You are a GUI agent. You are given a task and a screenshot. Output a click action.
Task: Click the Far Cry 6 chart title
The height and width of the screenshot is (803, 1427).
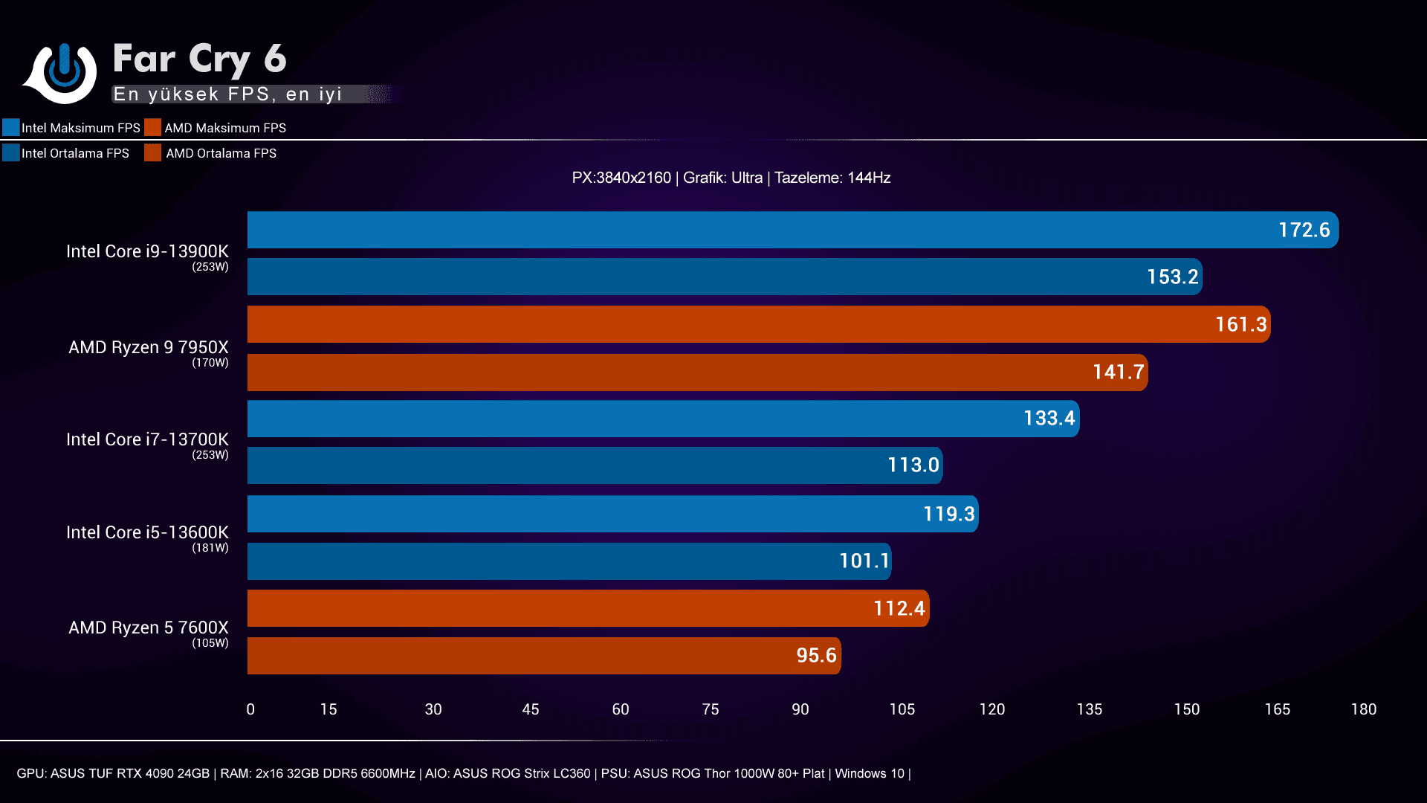pos(199,59)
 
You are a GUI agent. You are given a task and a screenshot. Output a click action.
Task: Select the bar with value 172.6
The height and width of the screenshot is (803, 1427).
pos(792,230)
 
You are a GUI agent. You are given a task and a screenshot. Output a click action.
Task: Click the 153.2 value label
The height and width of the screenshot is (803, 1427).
pos(1172,277)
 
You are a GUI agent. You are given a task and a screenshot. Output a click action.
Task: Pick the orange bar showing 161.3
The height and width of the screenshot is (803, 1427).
pos(758,324)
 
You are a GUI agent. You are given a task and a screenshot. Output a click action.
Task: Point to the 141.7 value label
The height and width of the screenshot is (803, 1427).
pos(1118,372)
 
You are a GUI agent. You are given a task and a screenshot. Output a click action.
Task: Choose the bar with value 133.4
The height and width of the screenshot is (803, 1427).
pos(663,419)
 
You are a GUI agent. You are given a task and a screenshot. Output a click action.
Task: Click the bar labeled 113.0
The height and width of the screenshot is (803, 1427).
pos(595,465)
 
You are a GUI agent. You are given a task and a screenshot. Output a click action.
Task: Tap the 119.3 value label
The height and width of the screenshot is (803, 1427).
pos(948,514)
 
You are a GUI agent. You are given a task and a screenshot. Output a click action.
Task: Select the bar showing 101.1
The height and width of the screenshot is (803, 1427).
pos(569,561)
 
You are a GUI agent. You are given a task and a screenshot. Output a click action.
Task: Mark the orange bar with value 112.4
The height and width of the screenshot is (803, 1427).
pos(588,608)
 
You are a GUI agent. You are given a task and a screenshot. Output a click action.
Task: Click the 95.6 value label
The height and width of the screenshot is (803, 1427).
pos(816,655)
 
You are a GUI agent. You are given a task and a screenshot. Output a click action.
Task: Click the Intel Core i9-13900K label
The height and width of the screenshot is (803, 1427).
pos(147,251)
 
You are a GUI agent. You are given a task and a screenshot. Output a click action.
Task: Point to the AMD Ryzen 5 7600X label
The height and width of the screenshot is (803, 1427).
pos(149,628)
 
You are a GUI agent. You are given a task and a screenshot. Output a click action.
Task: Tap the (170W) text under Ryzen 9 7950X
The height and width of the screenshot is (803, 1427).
pos(210,363)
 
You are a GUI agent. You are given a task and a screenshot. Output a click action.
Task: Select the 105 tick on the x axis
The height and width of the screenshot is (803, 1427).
pos(902,709)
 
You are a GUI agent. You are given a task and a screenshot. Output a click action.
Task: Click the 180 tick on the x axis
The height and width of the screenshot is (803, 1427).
pos(1363,709)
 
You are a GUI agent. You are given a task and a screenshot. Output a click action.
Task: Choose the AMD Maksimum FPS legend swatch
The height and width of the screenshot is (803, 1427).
pos(153,127)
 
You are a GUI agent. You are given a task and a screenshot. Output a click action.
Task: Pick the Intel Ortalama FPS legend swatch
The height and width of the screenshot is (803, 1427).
pos(11,152)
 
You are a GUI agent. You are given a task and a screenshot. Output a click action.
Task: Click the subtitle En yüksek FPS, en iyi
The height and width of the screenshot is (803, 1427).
pos(227,94)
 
